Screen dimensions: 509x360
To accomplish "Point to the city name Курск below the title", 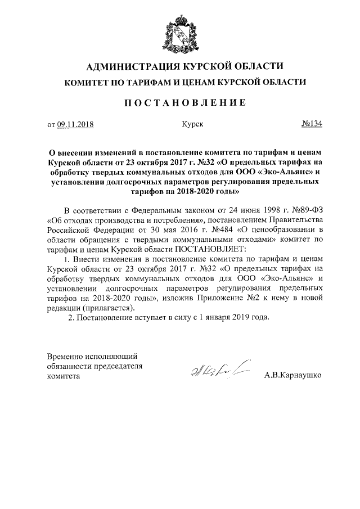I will tap(192, 124).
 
